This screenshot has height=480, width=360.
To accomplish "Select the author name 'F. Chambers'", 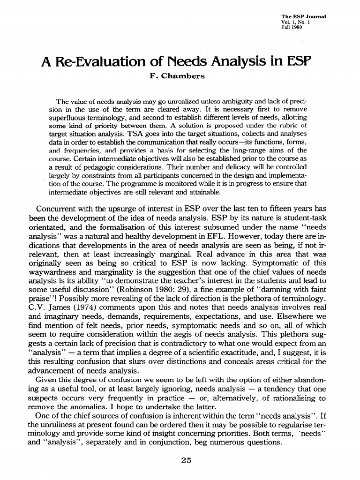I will tap(180, 76).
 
